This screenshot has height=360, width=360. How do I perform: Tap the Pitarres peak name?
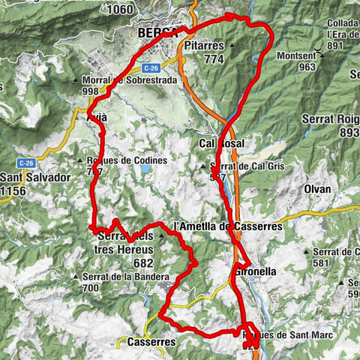205,45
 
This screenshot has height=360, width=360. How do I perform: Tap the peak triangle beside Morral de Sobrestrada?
79,80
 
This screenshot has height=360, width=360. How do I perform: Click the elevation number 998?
90,91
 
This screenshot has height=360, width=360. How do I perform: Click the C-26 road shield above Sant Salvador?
25,162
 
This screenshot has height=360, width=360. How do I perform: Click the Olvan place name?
318,189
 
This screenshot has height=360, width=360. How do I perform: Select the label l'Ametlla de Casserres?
227,226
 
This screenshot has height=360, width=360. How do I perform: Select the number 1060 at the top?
121,10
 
